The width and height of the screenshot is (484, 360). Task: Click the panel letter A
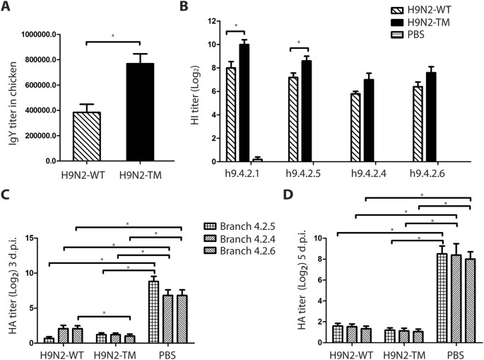click(x=6, y=6)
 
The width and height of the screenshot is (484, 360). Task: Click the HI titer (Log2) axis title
click(x=196, y=91)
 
